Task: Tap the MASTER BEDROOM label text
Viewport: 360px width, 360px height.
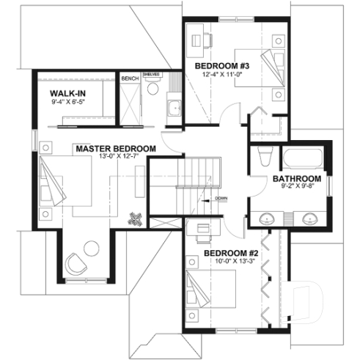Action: point(115,149)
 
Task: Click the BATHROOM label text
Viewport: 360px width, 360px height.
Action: point(297,179)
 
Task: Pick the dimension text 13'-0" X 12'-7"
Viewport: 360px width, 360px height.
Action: point(115,157)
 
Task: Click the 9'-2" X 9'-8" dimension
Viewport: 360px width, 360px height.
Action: point(297,187)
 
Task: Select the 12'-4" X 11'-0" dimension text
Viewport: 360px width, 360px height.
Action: point(218,74)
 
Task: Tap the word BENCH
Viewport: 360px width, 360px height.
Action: point(130,78)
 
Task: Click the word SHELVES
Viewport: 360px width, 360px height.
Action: point(152,75)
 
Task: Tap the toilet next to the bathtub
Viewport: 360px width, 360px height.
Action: point(265,158)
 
